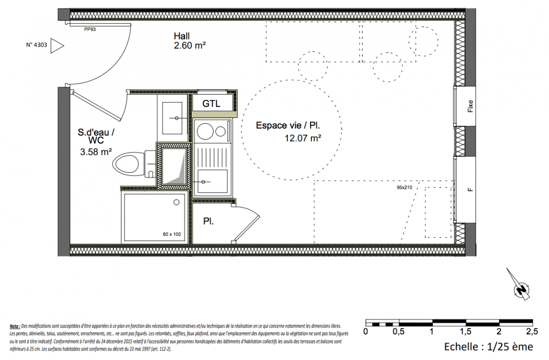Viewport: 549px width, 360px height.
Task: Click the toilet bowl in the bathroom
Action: coord(126,164)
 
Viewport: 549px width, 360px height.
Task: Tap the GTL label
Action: coord(211,103)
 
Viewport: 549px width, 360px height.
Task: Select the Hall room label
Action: coord(182,36)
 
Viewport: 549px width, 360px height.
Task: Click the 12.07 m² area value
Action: coord(303,138)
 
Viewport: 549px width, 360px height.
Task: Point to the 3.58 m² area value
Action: coord(96,152)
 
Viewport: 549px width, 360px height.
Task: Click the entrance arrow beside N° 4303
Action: coord(57,45)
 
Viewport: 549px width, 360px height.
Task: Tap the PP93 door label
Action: coord(90,29)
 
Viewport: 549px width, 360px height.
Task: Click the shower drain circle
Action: coord(176,202)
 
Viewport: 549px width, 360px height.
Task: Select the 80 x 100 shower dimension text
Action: coord(172,234)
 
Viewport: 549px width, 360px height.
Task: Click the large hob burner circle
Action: coord(205,131)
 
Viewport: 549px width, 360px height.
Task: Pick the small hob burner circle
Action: coord(220,131)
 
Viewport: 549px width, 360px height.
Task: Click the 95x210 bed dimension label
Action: coord(405,188)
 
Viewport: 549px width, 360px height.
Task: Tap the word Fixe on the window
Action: coord(470,106)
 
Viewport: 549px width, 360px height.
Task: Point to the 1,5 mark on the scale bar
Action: coord(465,332)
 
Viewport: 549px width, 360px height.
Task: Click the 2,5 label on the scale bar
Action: coord(532,332)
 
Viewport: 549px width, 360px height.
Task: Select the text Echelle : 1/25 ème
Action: coord(488,347)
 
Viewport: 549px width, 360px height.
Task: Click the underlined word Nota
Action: coord(15,326)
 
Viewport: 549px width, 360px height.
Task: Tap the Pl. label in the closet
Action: coord(208,221)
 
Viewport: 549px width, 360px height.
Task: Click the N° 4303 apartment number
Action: coord(36,45)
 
